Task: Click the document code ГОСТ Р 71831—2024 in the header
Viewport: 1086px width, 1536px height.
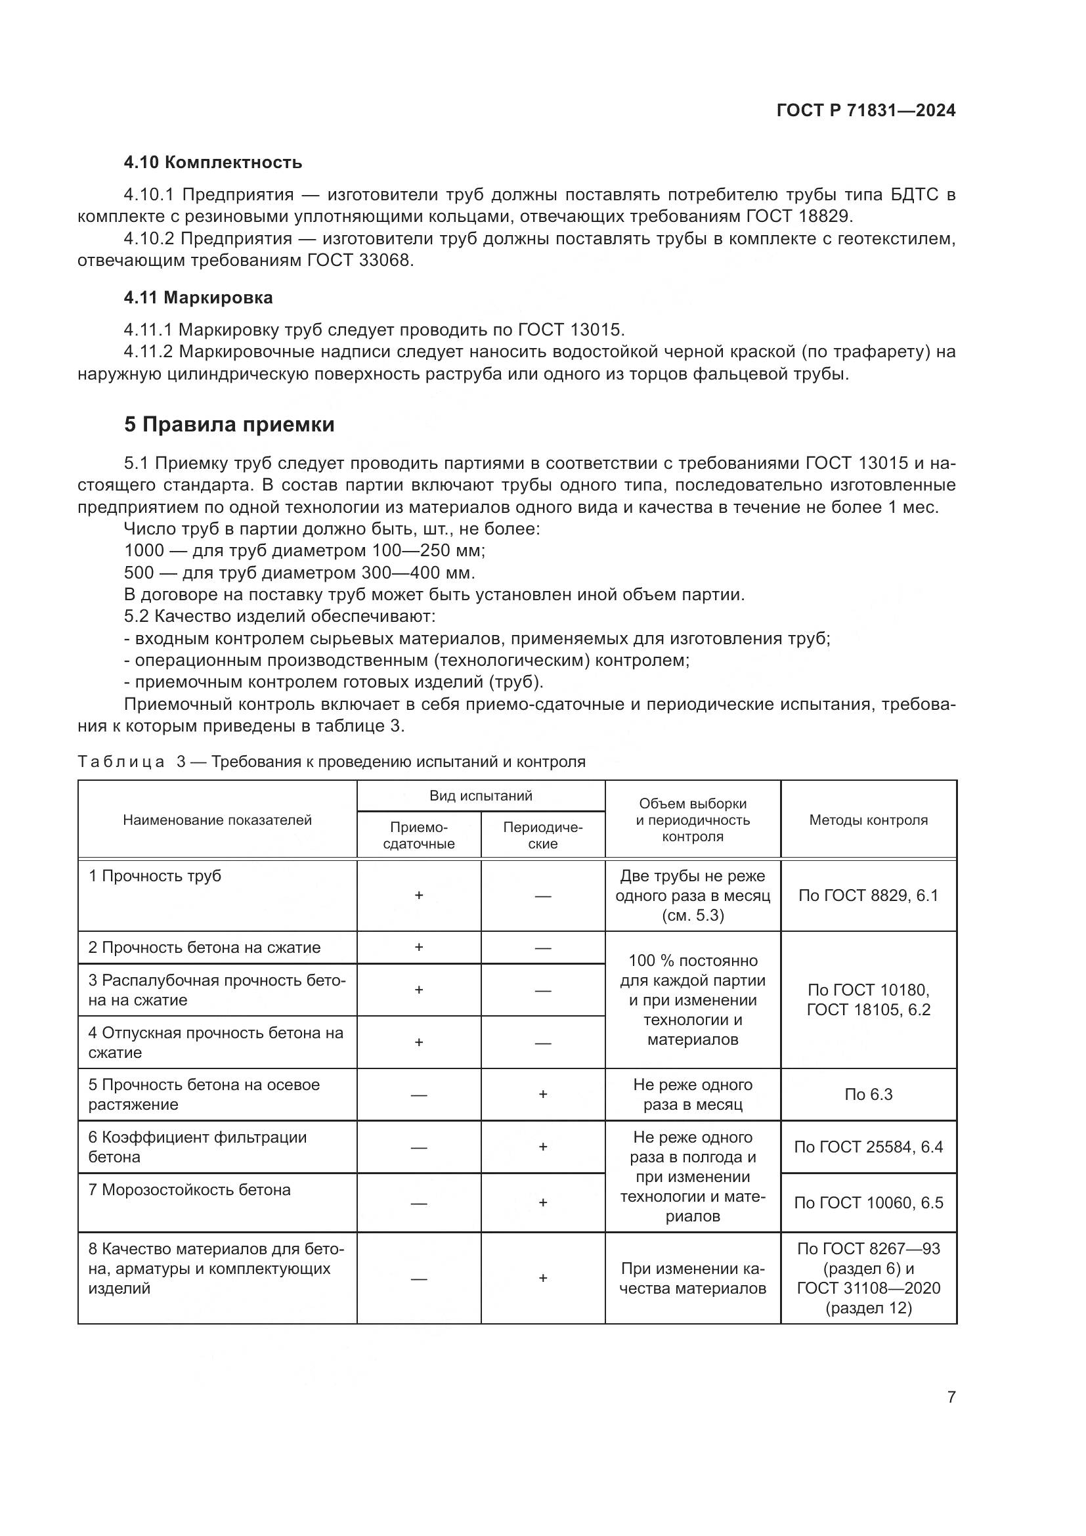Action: pos(865,111)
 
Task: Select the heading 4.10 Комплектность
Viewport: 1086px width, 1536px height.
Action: pos(213,163)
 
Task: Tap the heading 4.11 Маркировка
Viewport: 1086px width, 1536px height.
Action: pos(198,297)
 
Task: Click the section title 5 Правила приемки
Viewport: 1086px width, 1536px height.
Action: pos(228,424)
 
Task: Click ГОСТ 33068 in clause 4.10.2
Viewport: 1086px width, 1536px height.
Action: pos(360,260)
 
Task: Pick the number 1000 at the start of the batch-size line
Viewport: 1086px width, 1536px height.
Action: pos(144,550)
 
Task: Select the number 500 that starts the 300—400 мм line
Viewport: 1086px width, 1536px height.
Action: pos(139,573)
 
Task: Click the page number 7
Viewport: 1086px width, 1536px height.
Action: pos(951,1397)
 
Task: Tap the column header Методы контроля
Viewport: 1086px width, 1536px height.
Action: pos(868,820)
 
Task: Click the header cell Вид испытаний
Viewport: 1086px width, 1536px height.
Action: pos(480,796)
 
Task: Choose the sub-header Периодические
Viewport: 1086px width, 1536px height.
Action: pos(542,835)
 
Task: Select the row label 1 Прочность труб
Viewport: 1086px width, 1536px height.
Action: pos(154,876)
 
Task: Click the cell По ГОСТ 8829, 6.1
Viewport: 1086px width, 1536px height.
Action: pos(868,895)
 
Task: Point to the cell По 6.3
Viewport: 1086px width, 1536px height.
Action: pos(868,1095)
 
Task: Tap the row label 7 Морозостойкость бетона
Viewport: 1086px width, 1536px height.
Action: pos(189,1189)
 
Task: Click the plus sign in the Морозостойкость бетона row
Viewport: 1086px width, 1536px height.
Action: pos(542,1203)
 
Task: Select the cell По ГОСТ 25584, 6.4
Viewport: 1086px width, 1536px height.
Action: pos(868,1147)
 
